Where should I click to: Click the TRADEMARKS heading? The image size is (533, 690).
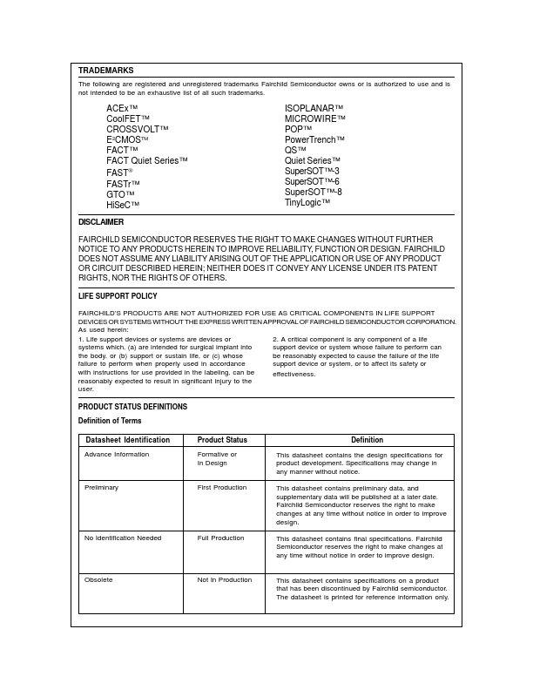tap(105, 71)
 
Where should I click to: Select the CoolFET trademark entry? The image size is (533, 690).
tap(128, 118)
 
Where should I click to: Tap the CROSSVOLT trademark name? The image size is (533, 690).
tap(137, 129)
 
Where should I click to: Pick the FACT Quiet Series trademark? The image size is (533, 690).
tap(146, 160)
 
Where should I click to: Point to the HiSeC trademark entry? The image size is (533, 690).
tap(123, 206)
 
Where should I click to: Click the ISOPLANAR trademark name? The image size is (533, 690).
tap(314, 108)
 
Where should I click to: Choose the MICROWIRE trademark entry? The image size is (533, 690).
tap(314, 118)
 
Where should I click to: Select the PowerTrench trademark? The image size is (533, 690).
tap(314, 139)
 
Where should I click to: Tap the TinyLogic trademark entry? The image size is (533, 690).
tap(307, 202)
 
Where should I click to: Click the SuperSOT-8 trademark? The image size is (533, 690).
tap(313, 192)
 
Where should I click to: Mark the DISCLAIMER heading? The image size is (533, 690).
tap(101, 222)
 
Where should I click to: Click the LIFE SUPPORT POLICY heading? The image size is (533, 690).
tap(118, 296)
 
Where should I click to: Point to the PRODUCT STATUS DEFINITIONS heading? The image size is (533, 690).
tap(132, 407)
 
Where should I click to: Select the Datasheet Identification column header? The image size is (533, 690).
tap(127, 440)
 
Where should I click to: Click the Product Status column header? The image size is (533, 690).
tap(222, 440)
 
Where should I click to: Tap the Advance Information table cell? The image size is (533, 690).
tap(117, 455)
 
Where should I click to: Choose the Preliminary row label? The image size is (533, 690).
tap(101, 488)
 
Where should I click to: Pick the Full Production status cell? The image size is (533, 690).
tap(220, 538)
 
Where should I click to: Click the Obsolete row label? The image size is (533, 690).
tap(98, 579)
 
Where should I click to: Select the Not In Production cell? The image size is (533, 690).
tap(224, 579)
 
